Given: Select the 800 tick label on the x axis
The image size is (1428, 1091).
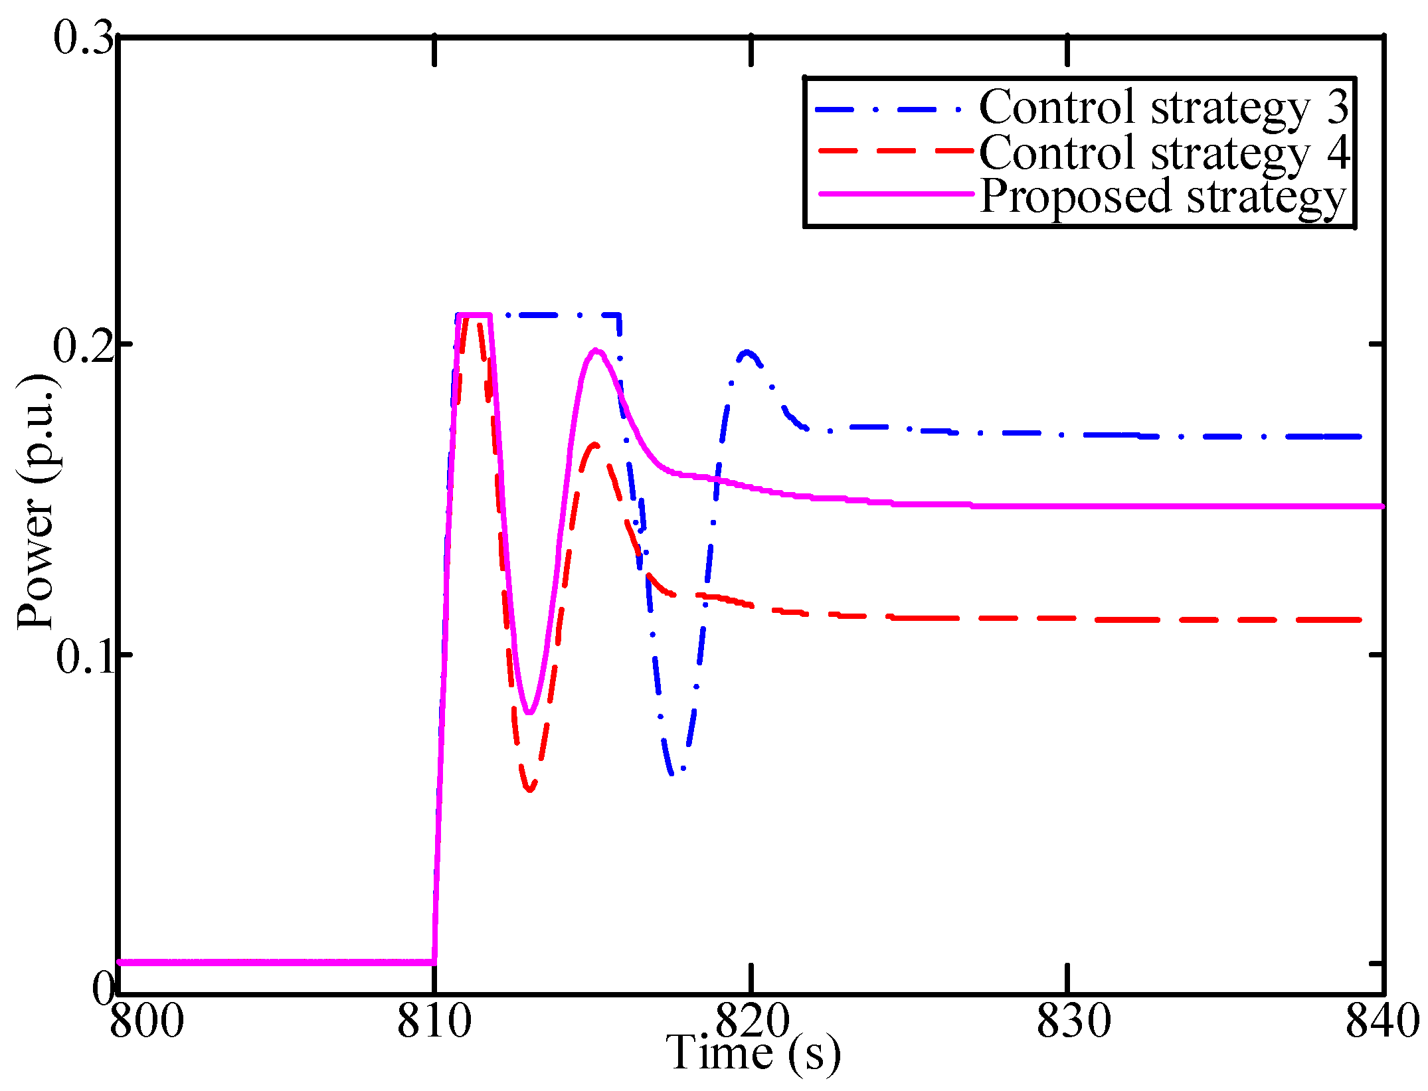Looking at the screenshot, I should [x=147, y=1021].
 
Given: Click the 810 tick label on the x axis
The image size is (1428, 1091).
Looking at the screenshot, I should [x=434, y=1021].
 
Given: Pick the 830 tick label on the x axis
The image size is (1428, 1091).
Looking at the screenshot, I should [x=1074, y=1021].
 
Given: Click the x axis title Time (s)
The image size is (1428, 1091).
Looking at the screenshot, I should [x=753, y=1053].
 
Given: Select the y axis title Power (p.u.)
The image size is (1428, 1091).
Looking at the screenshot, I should [x=36, y=501].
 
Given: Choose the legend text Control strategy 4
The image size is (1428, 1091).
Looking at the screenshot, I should [x=1164, y=152].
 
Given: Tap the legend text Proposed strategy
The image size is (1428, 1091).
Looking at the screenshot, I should [x=1162, y=197].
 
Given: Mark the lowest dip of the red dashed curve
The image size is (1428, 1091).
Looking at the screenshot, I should [x=530, y=789].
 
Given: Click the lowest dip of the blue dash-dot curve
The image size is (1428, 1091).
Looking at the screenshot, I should [x=673, y=772].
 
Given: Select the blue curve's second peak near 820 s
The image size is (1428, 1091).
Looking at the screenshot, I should [x=747, y=352].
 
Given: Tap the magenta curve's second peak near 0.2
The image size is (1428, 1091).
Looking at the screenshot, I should [x=596, y=350].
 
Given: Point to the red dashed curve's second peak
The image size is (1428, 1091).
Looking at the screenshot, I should [x=594, y=445].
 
